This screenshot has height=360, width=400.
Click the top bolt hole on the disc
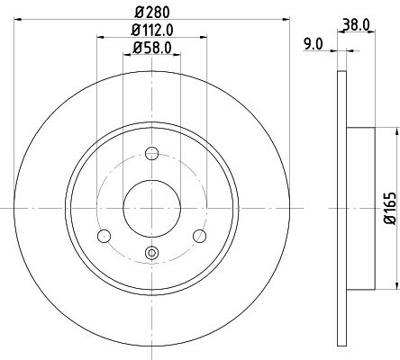coord(151,154)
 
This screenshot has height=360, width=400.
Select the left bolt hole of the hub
coord(102,236)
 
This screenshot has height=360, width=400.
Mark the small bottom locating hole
coord(151,252)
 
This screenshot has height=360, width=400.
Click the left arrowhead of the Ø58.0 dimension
coord(126,56)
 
